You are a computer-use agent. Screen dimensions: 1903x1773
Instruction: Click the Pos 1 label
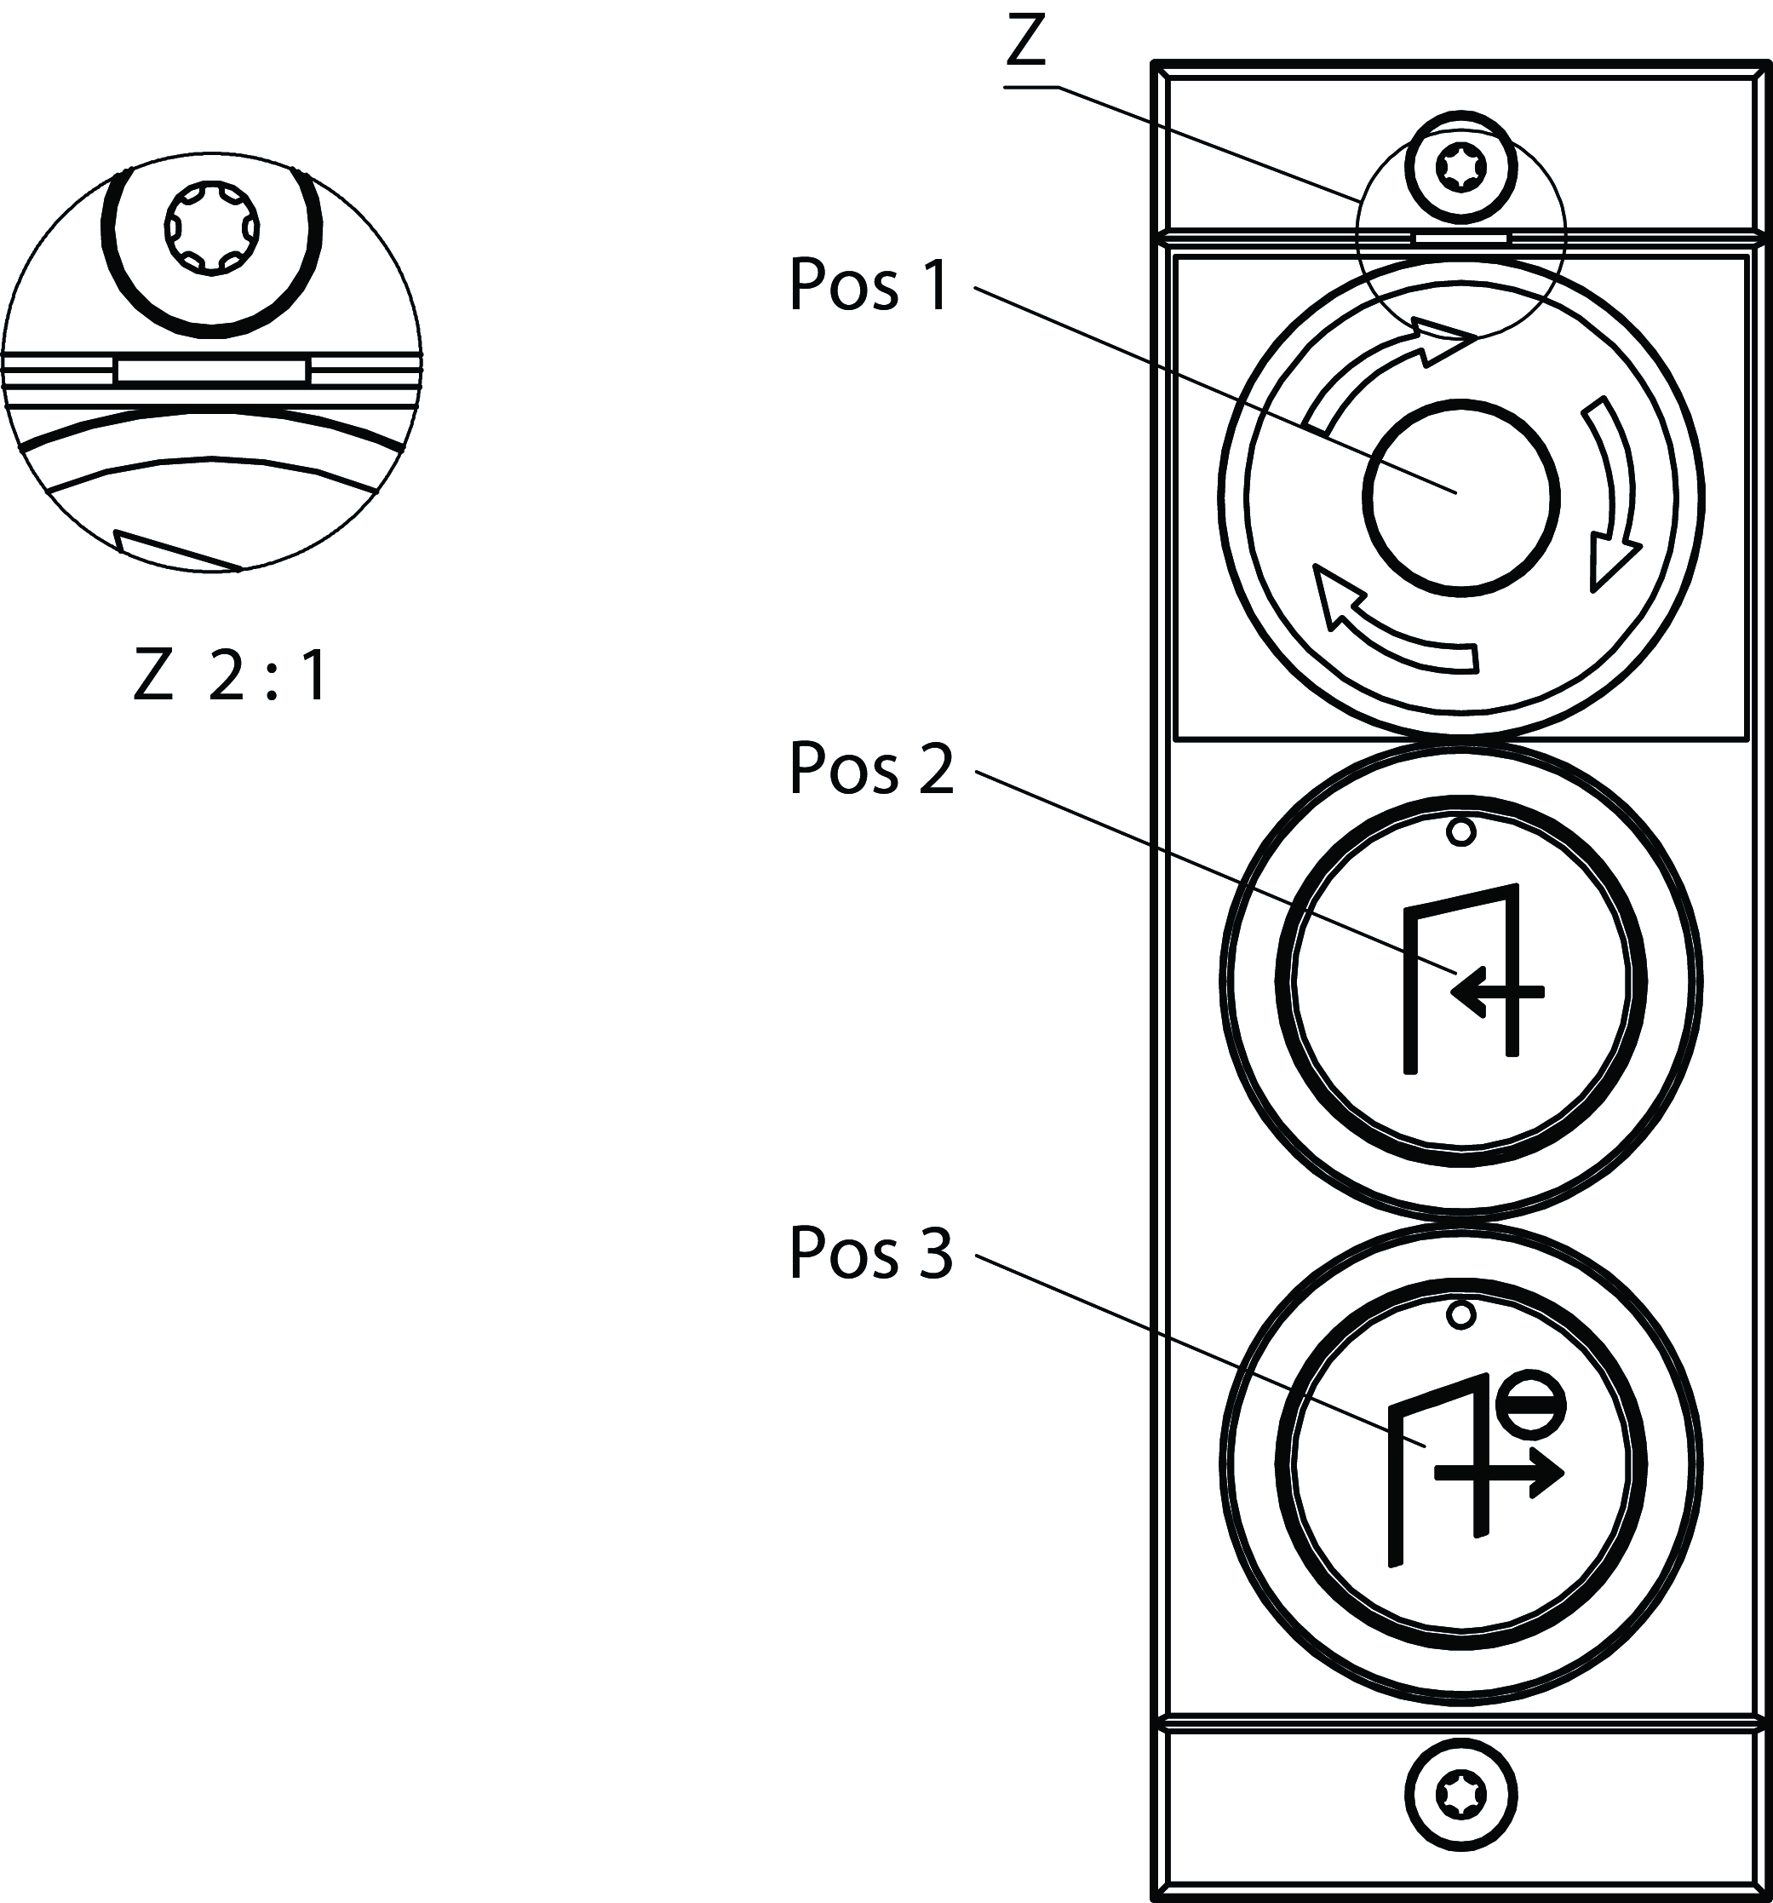coord(869,286)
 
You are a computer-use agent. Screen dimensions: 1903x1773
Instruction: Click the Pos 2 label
coord(870,769)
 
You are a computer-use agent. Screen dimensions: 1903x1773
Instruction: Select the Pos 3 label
coord(870,1253)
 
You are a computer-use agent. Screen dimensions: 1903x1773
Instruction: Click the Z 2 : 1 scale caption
coord(231,679)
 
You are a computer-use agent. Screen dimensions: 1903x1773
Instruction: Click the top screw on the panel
coord(1460,169)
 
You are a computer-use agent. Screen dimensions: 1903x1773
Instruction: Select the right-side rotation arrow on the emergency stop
coord(1612,508)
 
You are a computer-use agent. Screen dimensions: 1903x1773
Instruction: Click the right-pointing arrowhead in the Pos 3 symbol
coord(1546,1475)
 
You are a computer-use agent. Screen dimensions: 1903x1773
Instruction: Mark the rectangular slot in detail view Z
coord(211,371)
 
